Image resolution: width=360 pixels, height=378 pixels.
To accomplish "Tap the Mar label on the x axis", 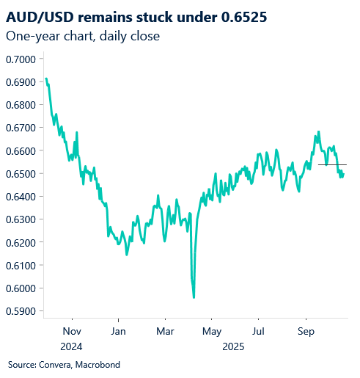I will [x=165, y=330].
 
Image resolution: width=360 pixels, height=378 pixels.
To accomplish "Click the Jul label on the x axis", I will [x=257, y=330].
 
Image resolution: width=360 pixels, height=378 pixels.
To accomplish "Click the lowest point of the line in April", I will [x=194, y=297].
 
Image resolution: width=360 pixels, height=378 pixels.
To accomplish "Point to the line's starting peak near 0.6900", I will [x=46, y=79].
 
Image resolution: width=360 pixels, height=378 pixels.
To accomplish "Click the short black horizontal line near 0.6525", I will [x=332, y=165].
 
